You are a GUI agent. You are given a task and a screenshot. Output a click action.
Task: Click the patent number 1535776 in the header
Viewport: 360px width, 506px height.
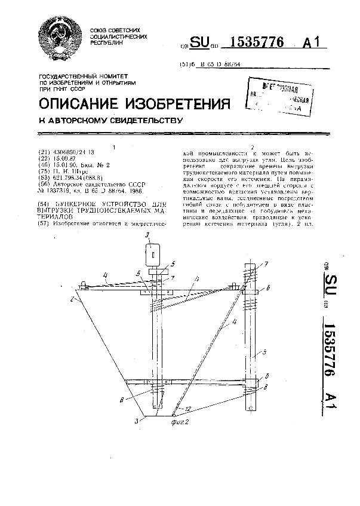tap(252, 42)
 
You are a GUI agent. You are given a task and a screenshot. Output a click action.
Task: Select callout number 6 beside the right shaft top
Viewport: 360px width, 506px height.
tap(267, 288)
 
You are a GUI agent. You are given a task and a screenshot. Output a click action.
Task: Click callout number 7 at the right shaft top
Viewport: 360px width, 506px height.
tap(266, 263)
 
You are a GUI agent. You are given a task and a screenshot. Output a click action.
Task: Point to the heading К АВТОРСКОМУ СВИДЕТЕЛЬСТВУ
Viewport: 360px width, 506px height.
tap(110, 120)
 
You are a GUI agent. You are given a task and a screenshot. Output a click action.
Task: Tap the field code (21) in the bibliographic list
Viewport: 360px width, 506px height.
tap(42, 152)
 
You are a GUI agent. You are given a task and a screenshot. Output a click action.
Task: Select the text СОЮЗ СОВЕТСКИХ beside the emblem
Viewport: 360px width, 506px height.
tap(115, 30)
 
